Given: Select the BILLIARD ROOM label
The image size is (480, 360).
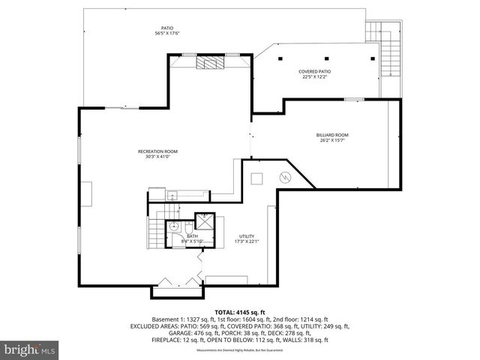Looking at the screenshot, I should pos(331,135).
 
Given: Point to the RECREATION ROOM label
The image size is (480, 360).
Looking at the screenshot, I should pos(157,151).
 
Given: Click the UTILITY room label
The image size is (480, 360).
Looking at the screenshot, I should pos(247,235).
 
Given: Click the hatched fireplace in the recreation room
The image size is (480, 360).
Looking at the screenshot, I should pos(206,63).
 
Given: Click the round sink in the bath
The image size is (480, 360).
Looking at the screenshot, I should pos(173,224).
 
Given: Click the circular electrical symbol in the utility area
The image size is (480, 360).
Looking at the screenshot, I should pos(285,178).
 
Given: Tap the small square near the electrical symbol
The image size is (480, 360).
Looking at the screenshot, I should pos(256,178).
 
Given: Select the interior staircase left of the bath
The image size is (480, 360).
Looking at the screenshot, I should pos(156,230).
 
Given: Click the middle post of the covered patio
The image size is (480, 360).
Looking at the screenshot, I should pos(328,58).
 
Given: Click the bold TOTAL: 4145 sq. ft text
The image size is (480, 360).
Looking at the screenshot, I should pos(240,311).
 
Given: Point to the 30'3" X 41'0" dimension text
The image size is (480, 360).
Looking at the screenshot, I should pos(157,157).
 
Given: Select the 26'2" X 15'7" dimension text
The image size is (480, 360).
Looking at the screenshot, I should pos(331,140).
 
